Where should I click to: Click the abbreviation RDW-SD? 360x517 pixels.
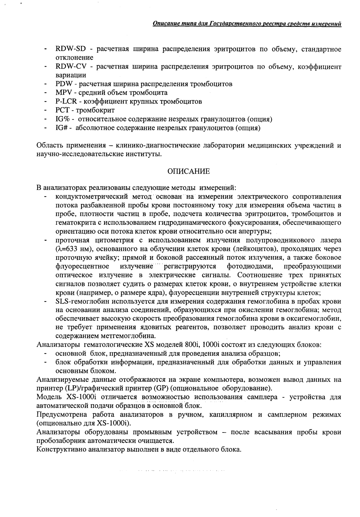click(71, 49)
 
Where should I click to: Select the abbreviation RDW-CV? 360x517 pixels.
click(71, 67)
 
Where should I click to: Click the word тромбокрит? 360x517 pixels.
click(94, 110)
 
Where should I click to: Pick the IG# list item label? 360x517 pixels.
click(62, 128)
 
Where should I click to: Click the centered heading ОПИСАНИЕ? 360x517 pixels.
click(189, 171)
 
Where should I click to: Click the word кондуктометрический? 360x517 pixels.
click(88, 197)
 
